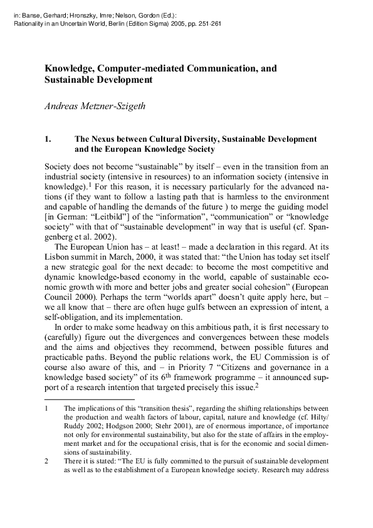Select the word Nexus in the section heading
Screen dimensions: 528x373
[x=105, y=139]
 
